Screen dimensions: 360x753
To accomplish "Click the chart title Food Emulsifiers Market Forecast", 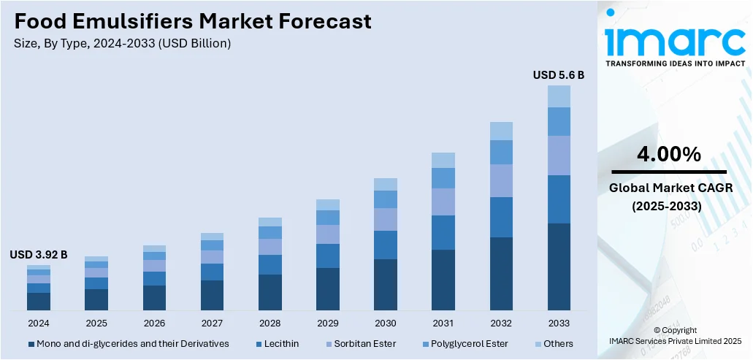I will [x=193, y=21].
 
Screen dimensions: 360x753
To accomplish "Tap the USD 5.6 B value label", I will [x=559, y=74].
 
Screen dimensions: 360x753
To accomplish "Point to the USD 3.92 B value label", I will [x=39, y=255].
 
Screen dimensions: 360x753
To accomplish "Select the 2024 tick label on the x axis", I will [x=39, y=323].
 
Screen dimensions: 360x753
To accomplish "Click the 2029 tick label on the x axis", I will [x=328, y=323].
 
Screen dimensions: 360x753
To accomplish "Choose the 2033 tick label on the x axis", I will [x=559, y=323].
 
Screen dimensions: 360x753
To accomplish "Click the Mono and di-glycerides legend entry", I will [x=129, y=343].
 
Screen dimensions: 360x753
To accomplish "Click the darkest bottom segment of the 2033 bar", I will [x=559, y=267].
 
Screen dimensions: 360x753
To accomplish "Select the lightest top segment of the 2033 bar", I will [x=559, y=96].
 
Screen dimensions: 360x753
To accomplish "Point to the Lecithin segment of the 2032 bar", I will [x=501, y=217].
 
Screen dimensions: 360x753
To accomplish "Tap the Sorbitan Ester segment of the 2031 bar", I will [x=443, y=202].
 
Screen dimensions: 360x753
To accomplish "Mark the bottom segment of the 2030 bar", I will [x=386, y=285].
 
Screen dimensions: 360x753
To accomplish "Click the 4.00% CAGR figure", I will [x=668, y=154].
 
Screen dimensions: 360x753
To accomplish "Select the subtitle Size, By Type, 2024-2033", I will [x=123, y=43].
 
